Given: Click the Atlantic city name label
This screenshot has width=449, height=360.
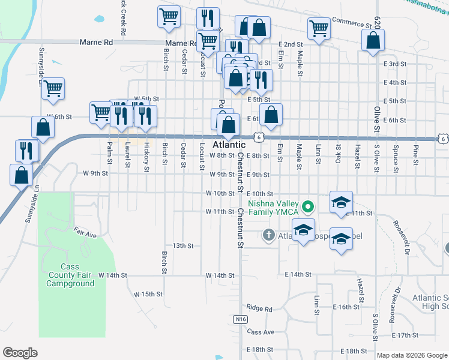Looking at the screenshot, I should coord(229,145).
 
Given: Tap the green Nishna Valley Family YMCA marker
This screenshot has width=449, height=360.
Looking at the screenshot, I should coord(309,208).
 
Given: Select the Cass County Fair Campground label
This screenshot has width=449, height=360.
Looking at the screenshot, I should coord(71,275).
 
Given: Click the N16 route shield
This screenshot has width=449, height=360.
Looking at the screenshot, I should coord(240,319).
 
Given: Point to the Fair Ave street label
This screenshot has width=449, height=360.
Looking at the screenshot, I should coord(85,232).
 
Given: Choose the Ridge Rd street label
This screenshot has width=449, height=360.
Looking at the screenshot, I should coord(259,308).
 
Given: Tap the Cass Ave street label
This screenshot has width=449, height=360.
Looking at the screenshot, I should coord(260,332).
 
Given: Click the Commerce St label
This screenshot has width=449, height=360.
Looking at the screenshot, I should coord(352,23).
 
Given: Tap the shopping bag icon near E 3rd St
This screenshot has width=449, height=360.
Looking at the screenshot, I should coord(373,41).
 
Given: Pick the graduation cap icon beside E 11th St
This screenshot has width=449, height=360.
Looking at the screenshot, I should coord(341,202).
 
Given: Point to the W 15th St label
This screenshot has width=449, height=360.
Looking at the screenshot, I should coord(148,294).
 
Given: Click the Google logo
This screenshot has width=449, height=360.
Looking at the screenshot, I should coord(20,353).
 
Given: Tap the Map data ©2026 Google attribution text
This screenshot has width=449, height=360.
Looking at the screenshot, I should coord(411,355).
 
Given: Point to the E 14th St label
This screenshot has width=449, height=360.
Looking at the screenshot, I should coord(298,274).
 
